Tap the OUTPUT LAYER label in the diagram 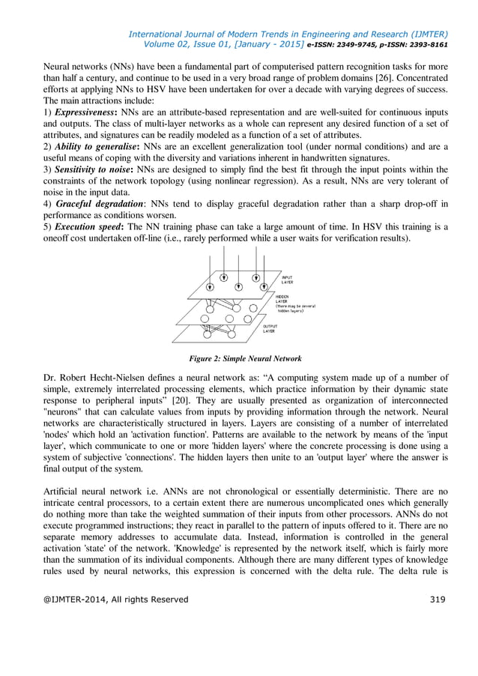tap(270, 329)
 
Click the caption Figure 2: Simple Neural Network tap(239, 358)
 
